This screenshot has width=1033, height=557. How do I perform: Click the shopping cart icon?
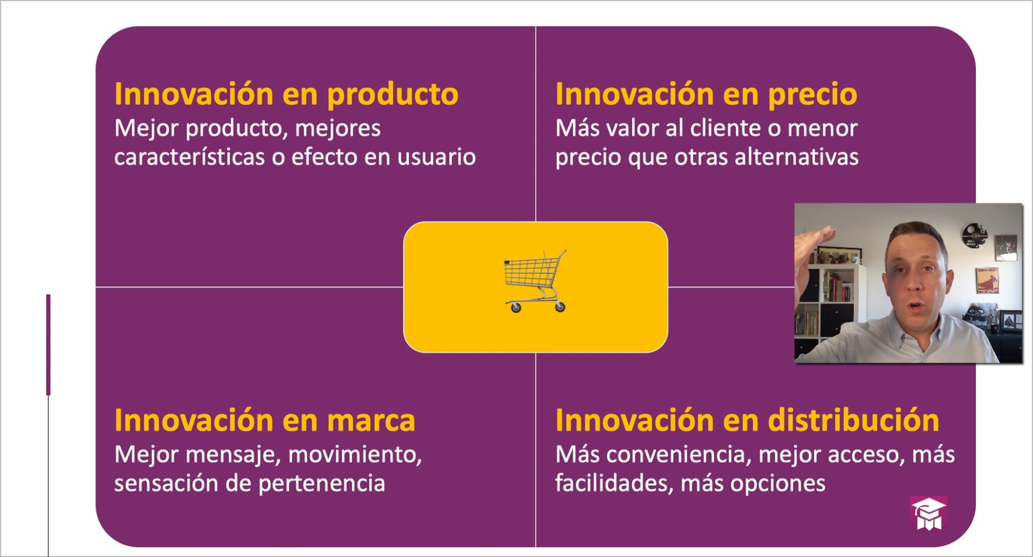pyautogui.click(x=535, y=281)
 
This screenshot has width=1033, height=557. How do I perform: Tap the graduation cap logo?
pyautogui.click(x=928, y=514)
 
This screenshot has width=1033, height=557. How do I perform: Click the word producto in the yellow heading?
pyautogui.click(x=393, y=94)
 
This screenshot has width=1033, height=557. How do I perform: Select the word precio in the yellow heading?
pyautogui.click(x=812, y=94)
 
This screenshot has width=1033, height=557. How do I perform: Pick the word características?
pyautogui.click(x=189, y=157)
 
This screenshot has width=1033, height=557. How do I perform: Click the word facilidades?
pyautogui.click(x=614, y=483)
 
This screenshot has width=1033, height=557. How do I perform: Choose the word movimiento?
pyautogui.click(x=355, y=454)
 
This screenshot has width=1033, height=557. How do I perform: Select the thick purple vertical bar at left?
pyautogui.click(x=48, y=345)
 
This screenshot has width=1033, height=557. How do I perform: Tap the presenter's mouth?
pyautogui.click(x=915, y=306)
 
